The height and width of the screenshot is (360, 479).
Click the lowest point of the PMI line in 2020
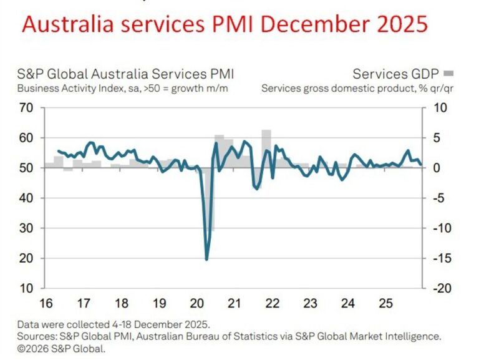coord(206,259)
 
